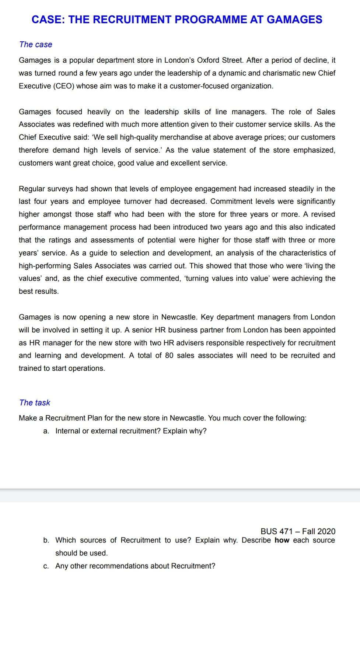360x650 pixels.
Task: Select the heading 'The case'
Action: click(36, 45)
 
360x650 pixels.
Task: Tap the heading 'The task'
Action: click(35, 403)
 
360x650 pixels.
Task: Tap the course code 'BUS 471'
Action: click(276, 531)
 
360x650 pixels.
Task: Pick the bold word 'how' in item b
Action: click(282, 540)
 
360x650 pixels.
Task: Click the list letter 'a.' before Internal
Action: click(46, 431)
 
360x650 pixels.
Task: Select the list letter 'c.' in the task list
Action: click(46, 566)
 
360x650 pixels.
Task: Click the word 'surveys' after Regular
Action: click(61, 189)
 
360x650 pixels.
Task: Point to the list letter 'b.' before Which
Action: click(46, 540)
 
